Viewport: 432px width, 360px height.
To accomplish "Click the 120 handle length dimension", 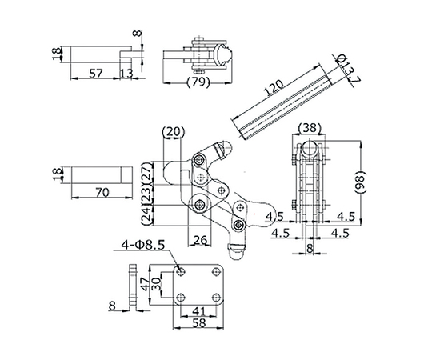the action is [x=274, y=87].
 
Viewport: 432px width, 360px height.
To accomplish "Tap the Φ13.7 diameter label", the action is [x=348, y=69].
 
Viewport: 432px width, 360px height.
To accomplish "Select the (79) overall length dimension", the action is [x=198, y=82].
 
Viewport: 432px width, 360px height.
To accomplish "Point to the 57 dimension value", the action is [x=95, y=74].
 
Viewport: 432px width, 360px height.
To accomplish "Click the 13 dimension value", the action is [x=126, y=74].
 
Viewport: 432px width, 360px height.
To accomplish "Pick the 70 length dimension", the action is [x=102, y=192].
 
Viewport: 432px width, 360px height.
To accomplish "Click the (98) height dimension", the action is [x=359, y=182].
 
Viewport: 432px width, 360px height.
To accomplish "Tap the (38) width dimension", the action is [x=310, y=127].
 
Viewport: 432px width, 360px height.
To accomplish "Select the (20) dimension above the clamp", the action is [x=174, y=131].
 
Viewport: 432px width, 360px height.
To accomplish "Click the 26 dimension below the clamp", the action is [x=200, y=240].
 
